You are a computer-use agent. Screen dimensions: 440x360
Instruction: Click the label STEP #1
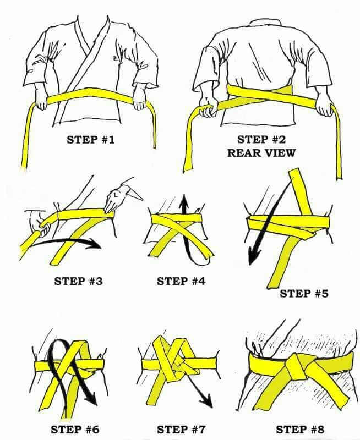pyautogui.click(x=91, y=139)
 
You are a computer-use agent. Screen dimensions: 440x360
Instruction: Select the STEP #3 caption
pyautogui.click(x=78, y=281)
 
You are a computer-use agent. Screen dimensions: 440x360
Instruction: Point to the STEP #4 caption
pyautogui.click(x=181, y=281)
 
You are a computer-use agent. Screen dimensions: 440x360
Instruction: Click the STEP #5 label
pyautogui.click(x=304, y=293)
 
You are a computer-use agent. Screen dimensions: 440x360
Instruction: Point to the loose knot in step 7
pyautogui.click(x=175, y=363)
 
